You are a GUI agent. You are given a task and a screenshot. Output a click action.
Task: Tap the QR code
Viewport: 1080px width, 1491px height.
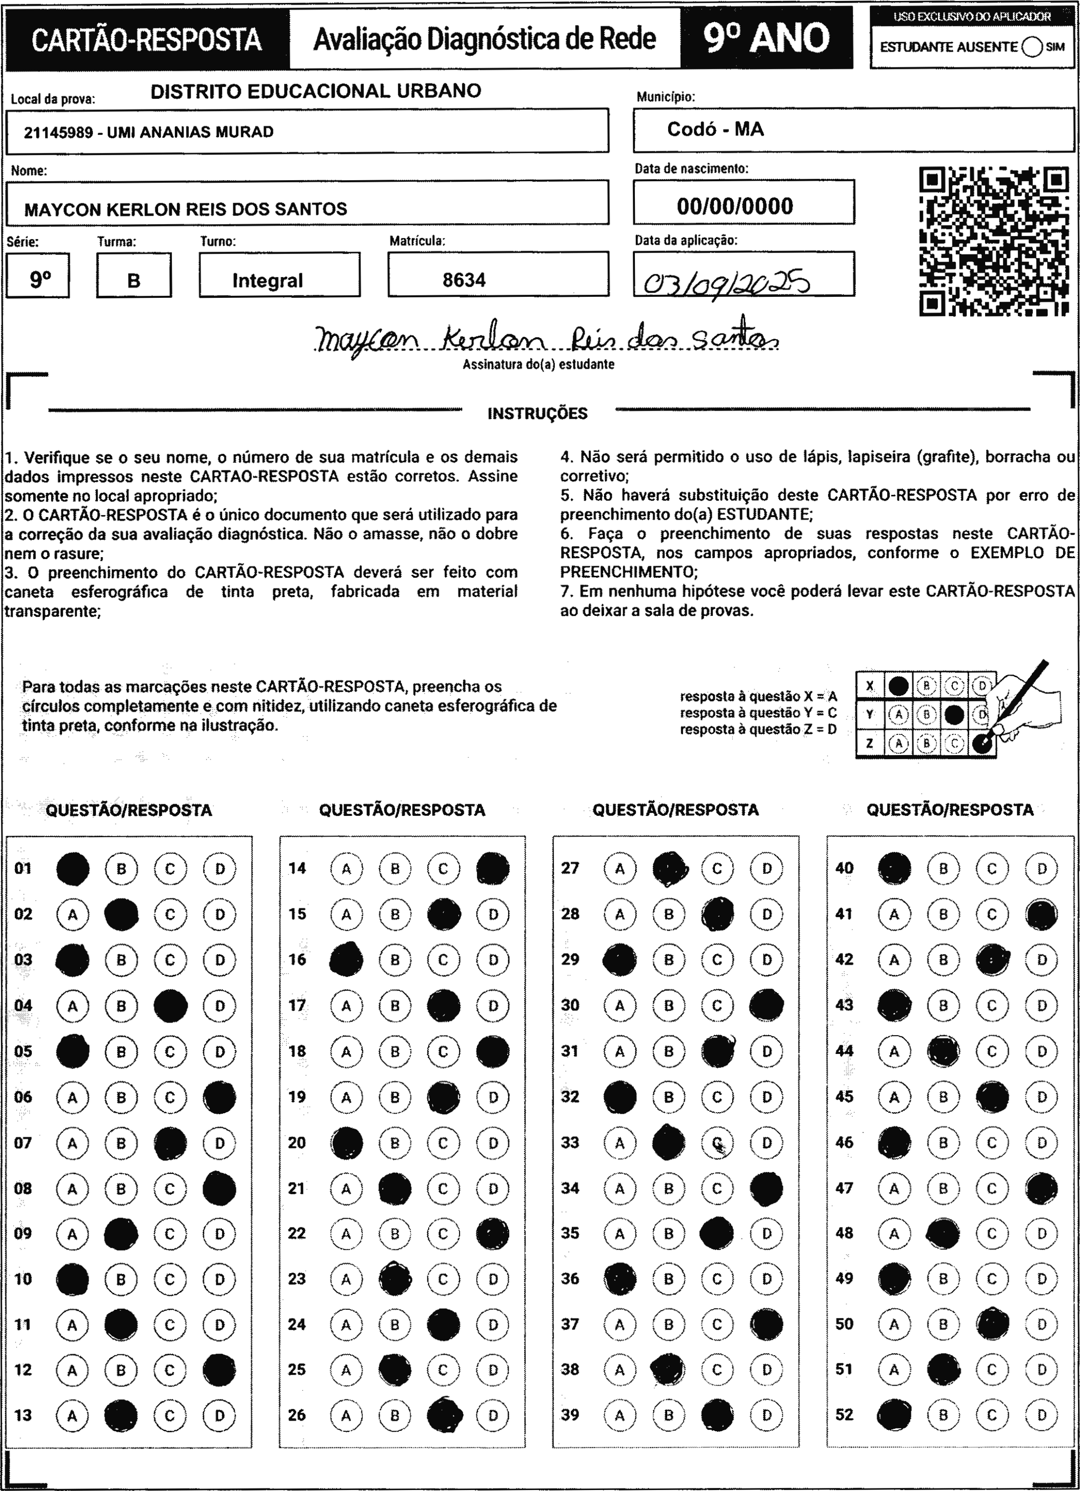[993, 242]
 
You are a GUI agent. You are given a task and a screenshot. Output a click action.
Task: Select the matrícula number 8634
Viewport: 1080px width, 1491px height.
[464, 280]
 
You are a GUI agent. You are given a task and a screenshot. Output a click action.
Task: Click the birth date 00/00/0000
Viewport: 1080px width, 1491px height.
[735, 206]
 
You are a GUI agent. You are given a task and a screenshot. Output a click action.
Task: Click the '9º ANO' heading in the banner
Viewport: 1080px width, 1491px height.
[766, 38]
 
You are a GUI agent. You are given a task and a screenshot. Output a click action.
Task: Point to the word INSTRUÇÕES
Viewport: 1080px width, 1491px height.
[537, 413]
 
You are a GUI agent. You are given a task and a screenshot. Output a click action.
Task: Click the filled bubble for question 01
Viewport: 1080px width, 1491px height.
[73, 868]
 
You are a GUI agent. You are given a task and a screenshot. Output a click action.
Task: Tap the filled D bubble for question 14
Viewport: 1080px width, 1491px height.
[493, 868]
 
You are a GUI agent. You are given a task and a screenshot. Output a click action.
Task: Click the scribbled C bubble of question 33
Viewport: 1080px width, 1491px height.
[718, 1143]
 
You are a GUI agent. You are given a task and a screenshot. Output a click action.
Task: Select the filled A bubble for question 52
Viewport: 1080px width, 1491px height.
[894, 1415]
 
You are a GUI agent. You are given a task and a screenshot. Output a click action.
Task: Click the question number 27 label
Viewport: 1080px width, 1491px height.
[570, 868]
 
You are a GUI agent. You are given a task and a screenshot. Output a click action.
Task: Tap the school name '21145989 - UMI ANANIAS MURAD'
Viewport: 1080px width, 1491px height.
[148, 132]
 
